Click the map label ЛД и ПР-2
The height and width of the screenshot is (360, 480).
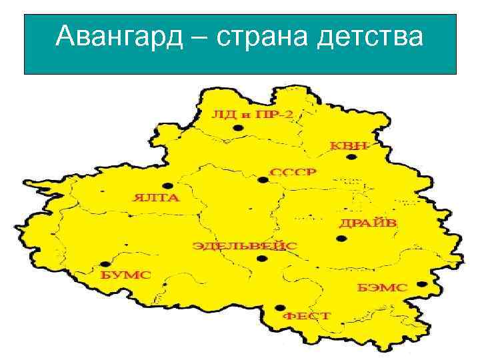tap(251, 114)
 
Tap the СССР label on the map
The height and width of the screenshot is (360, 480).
tap(293, 172)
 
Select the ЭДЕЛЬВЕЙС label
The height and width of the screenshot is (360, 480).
tap(245, 246)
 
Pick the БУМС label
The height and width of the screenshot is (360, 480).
tap(126, 274)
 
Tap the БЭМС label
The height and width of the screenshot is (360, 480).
tap(382, 287)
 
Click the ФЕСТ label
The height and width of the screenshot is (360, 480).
tap(307, 315)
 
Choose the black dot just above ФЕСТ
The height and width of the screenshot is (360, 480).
tap(277, 307)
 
